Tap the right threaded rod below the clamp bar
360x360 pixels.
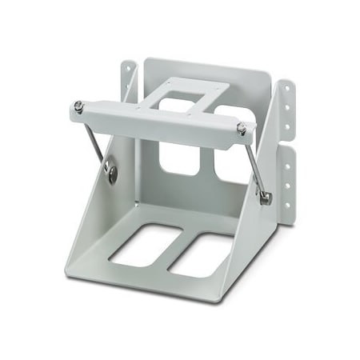point(254,165)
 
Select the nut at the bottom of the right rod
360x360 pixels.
point(266,197)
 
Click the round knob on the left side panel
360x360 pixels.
point(110,168)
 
